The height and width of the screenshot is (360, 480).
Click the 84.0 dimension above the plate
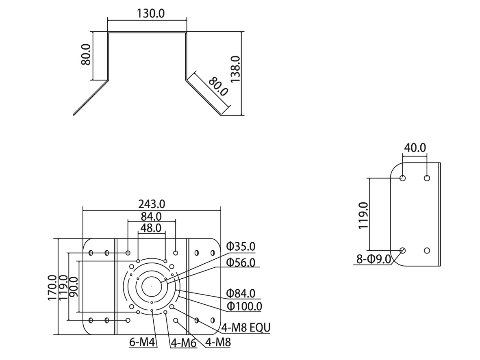coord(151,216)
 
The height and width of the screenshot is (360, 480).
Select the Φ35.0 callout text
coord(241,246)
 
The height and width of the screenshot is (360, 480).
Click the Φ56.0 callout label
coord(241,262)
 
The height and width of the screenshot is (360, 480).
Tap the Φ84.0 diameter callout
coord(241,293)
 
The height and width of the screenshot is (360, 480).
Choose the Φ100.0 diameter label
coord(244,306)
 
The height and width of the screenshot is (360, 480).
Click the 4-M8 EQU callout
coord(246,327)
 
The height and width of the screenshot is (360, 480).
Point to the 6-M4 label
coord(143,343)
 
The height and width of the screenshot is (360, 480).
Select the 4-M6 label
coord(184,343)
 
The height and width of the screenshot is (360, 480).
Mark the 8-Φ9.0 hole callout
coord(373,258)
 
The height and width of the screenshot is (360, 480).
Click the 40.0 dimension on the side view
coord(415,147)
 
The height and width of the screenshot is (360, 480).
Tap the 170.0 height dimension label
coord(52,288)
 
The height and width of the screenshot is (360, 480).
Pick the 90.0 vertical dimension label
coord(73,288)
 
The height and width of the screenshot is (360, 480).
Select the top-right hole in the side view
coord(427,178)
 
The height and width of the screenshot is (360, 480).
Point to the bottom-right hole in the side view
coord(427,250)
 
